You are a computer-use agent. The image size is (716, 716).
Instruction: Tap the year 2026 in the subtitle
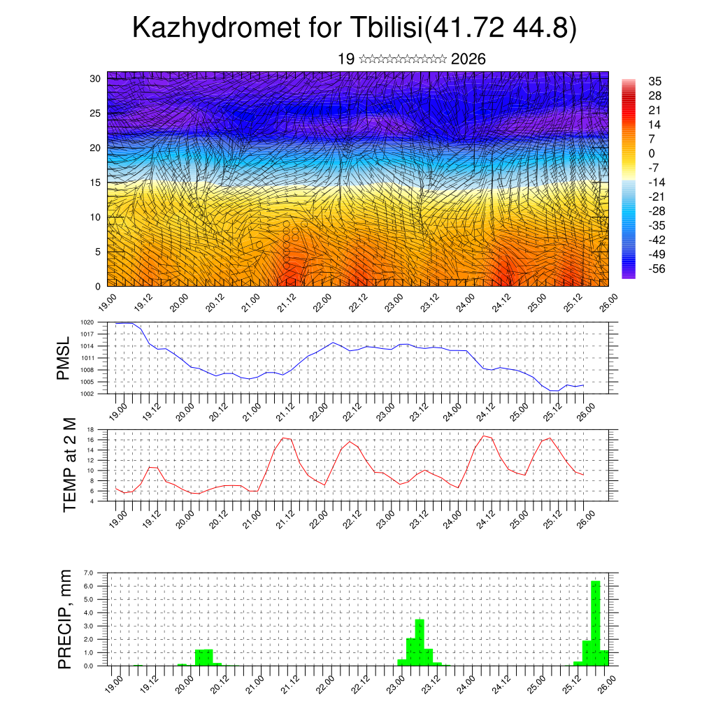pos(468,59)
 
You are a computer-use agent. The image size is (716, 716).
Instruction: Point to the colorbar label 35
pos(655,82)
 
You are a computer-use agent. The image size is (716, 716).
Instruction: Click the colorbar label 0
pos(652,153)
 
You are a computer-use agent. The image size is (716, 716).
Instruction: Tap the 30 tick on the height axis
pos(94,78)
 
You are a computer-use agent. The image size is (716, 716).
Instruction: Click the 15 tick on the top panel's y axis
pos(94,182)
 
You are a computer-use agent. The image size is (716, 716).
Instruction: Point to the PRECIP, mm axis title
pos(65,619)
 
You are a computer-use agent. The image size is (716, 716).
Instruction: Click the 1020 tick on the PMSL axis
pos(87,322)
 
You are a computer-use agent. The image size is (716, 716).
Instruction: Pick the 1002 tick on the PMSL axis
pos(87,394)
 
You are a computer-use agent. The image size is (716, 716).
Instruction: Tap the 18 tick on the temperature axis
pos(90,429)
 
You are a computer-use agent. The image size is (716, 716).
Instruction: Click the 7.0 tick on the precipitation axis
pos(88,573)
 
